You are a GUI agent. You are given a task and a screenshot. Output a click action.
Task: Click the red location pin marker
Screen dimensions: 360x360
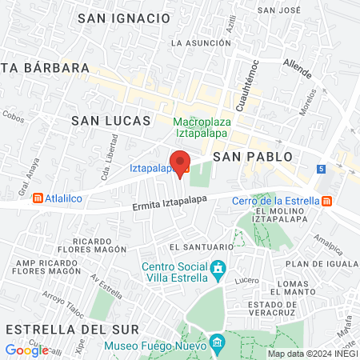[x=180, y=162]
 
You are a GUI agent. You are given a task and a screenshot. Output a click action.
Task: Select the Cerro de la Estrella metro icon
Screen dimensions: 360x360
[x=326, y=201]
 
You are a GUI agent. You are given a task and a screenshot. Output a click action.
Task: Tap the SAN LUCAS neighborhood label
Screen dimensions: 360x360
[x=111, y=121]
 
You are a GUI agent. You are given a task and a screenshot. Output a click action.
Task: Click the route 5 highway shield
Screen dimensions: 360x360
[x=321, y=169]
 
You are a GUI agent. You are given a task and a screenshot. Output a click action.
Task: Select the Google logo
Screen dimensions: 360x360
[x=26, y=350]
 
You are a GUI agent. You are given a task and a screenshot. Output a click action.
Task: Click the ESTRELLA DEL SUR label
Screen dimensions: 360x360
[x=71, y=329]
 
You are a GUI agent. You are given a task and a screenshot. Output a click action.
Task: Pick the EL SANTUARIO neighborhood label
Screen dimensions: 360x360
[x=194, y=247]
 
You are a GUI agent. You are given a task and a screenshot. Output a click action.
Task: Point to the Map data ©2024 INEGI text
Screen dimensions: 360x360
[x=312, y=354]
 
